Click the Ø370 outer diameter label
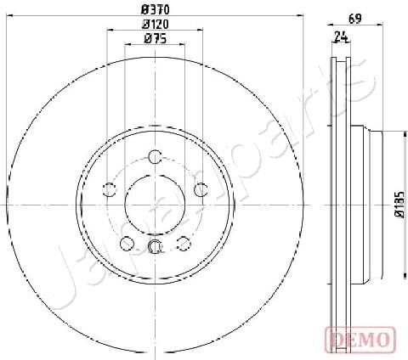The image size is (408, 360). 156,10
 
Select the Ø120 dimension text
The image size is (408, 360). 156,25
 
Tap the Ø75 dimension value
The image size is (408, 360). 156,39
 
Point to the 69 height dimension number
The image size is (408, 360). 355,19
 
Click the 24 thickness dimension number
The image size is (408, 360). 341,37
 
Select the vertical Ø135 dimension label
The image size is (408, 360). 399,205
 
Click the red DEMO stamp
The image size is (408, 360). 360,340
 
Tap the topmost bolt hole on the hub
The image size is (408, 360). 156,157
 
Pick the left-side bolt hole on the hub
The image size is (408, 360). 110,189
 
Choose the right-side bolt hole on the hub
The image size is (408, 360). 201,189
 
